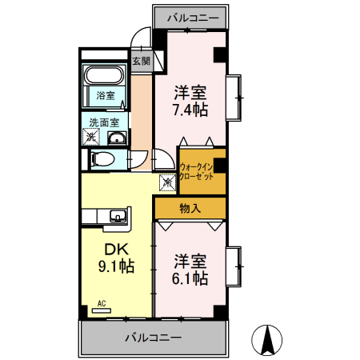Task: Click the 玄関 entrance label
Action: pos(141,61)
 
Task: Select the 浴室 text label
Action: pos(105,96)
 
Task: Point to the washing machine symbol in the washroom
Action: pos(90,138)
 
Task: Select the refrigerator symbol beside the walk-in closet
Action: pos(168,182)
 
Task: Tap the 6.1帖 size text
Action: pos(192,278)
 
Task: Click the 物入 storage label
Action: pos(190,209)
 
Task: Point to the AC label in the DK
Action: pos(102,303)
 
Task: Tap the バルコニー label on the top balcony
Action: pos(190,16)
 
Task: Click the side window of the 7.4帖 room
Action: pos(235,96)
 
